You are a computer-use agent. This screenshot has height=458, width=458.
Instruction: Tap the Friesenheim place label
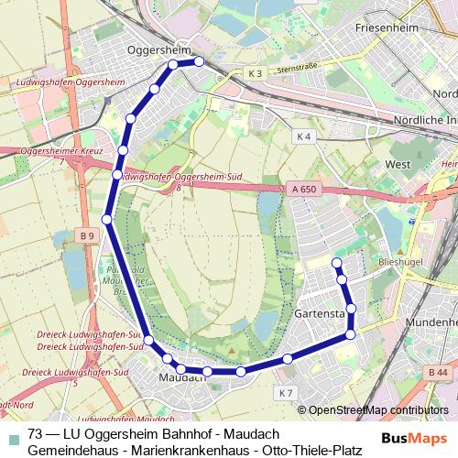click(388, 28)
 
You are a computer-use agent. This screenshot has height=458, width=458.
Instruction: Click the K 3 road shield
click(255, 72)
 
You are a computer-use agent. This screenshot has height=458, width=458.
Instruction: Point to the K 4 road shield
click(304, 136)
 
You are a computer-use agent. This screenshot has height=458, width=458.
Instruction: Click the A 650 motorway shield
click(294, 189)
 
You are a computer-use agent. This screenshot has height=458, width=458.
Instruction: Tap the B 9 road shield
click(87, 235)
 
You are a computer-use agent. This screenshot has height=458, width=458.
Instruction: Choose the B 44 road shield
click(438, 372)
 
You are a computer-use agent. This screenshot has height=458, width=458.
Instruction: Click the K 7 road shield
click(285, 393)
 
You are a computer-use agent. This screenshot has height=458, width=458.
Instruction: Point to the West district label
click(398, 165)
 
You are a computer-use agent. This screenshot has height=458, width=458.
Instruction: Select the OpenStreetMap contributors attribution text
click(378, 410)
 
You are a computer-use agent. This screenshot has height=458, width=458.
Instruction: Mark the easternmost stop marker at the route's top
click(198, 62)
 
